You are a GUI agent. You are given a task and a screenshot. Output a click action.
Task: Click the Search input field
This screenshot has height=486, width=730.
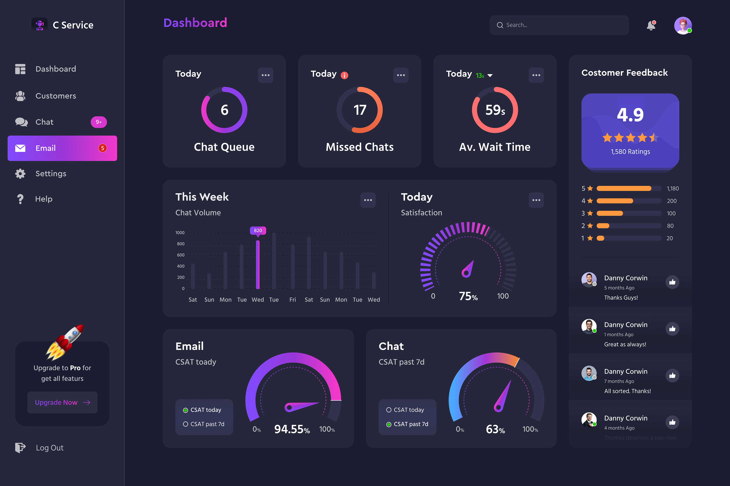559,25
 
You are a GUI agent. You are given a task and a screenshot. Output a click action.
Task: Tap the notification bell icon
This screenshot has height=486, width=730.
651,25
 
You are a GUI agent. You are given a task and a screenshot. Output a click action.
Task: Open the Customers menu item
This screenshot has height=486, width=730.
56,96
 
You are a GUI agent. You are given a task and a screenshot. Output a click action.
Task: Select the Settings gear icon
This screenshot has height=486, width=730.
20,174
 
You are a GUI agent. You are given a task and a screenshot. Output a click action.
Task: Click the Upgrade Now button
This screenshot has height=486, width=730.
63,402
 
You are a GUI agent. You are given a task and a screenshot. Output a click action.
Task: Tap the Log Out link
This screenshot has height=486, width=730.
50,448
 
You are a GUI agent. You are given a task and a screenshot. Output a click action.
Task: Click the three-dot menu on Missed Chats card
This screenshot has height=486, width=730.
401,75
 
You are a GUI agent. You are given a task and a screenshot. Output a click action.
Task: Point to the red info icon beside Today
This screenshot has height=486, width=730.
344,75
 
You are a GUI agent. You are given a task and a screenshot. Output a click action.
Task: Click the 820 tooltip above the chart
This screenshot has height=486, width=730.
258,231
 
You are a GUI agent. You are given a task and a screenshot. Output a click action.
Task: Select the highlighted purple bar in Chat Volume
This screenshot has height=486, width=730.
258,264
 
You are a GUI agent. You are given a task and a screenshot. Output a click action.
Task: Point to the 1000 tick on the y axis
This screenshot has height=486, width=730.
180,233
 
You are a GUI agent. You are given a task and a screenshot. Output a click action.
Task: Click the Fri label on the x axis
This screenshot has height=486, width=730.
293,300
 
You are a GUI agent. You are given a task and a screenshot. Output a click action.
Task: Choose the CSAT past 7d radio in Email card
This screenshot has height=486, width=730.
185,424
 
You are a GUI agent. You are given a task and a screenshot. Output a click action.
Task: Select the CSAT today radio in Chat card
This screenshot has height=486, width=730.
389,410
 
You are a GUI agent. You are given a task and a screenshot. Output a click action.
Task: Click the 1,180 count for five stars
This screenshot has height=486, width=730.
672,189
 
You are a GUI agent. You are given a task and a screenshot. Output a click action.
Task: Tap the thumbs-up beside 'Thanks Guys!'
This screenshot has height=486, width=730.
672,282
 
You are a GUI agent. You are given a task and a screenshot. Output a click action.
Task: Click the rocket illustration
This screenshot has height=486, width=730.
64,342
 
